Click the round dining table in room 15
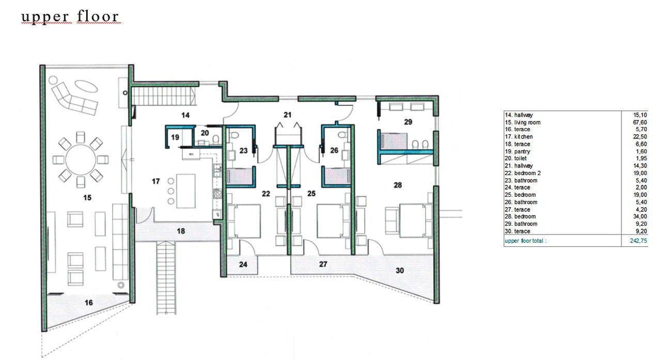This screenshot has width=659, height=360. pos(81,160)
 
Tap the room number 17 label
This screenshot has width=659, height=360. pos(155,181)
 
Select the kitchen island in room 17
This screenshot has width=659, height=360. pos(185,191)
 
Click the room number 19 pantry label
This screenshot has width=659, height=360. pos(175,137)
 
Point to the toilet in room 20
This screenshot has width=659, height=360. pos(216,139)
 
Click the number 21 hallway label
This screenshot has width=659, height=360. pos(288,115)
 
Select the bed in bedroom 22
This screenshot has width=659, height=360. pos(244,221)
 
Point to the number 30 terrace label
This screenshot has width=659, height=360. pos(400,270)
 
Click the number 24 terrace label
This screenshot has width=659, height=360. pos(243,264)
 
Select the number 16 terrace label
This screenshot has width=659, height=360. pos(88,302)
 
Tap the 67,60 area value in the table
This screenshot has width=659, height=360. pos(640,122)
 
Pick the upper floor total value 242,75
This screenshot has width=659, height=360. pos(638,241)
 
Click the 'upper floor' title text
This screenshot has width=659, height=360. pos(70,17)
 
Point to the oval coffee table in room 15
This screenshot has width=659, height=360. pos(86,86)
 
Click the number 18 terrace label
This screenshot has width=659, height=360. pos(181,231)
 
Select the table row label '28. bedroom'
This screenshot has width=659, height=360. pos(520,216)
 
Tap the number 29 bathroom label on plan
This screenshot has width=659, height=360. pos(408,122)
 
